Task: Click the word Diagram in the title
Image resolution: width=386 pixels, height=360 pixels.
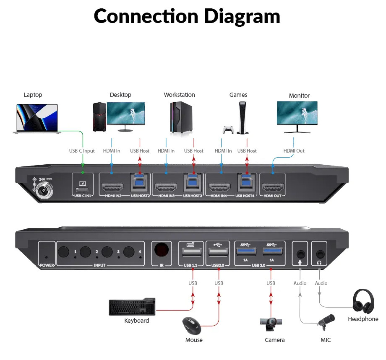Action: point(242,17)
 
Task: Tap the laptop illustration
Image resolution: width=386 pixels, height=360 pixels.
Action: point(37,119)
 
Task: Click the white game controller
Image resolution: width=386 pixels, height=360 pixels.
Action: point(228,129)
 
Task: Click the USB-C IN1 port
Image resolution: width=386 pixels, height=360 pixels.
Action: point(83,185)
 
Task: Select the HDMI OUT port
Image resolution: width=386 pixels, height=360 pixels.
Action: point(273,186)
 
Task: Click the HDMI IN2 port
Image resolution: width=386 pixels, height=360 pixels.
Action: point(112,186)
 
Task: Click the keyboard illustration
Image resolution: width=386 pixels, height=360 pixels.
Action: point(132,308)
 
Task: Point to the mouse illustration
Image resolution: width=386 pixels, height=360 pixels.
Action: point(191,326)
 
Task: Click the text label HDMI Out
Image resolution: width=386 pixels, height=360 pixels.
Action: point(294,151)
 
